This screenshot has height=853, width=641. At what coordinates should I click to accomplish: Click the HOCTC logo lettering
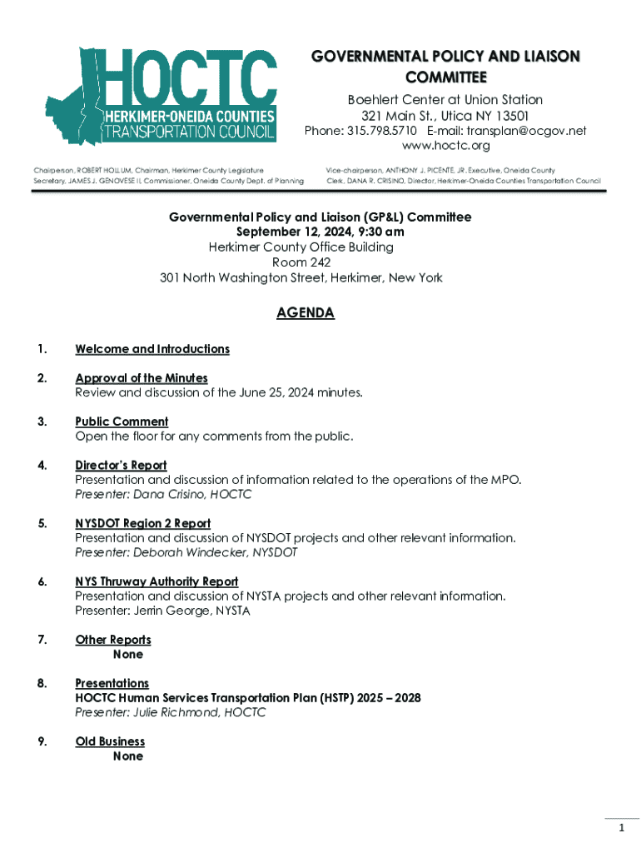pos(188,76)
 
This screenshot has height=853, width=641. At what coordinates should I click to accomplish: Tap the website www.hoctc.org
pos(445,146)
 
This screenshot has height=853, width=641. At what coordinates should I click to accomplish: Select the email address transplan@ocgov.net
pos(526,131)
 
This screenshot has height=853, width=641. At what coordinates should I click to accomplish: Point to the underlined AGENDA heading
pos(306,313)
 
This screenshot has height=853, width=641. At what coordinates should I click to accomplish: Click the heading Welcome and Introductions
pos(152,349)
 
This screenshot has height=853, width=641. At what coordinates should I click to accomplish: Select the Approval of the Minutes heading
pos(141,378)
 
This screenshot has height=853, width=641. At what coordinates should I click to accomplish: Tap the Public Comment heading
pos(122,422)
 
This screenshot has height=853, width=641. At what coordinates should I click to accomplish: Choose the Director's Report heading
pos(121,466)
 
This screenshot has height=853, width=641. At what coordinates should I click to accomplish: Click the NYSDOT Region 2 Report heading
pos(142,523)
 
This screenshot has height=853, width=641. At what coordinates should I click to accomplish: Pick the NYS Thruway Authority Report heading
pos(157,581)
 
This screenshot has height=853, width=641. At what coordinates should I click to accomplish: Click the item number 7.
pos(42,640)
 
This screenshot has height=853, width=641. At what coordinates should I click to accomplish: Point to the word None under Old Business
pos(128,756)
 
